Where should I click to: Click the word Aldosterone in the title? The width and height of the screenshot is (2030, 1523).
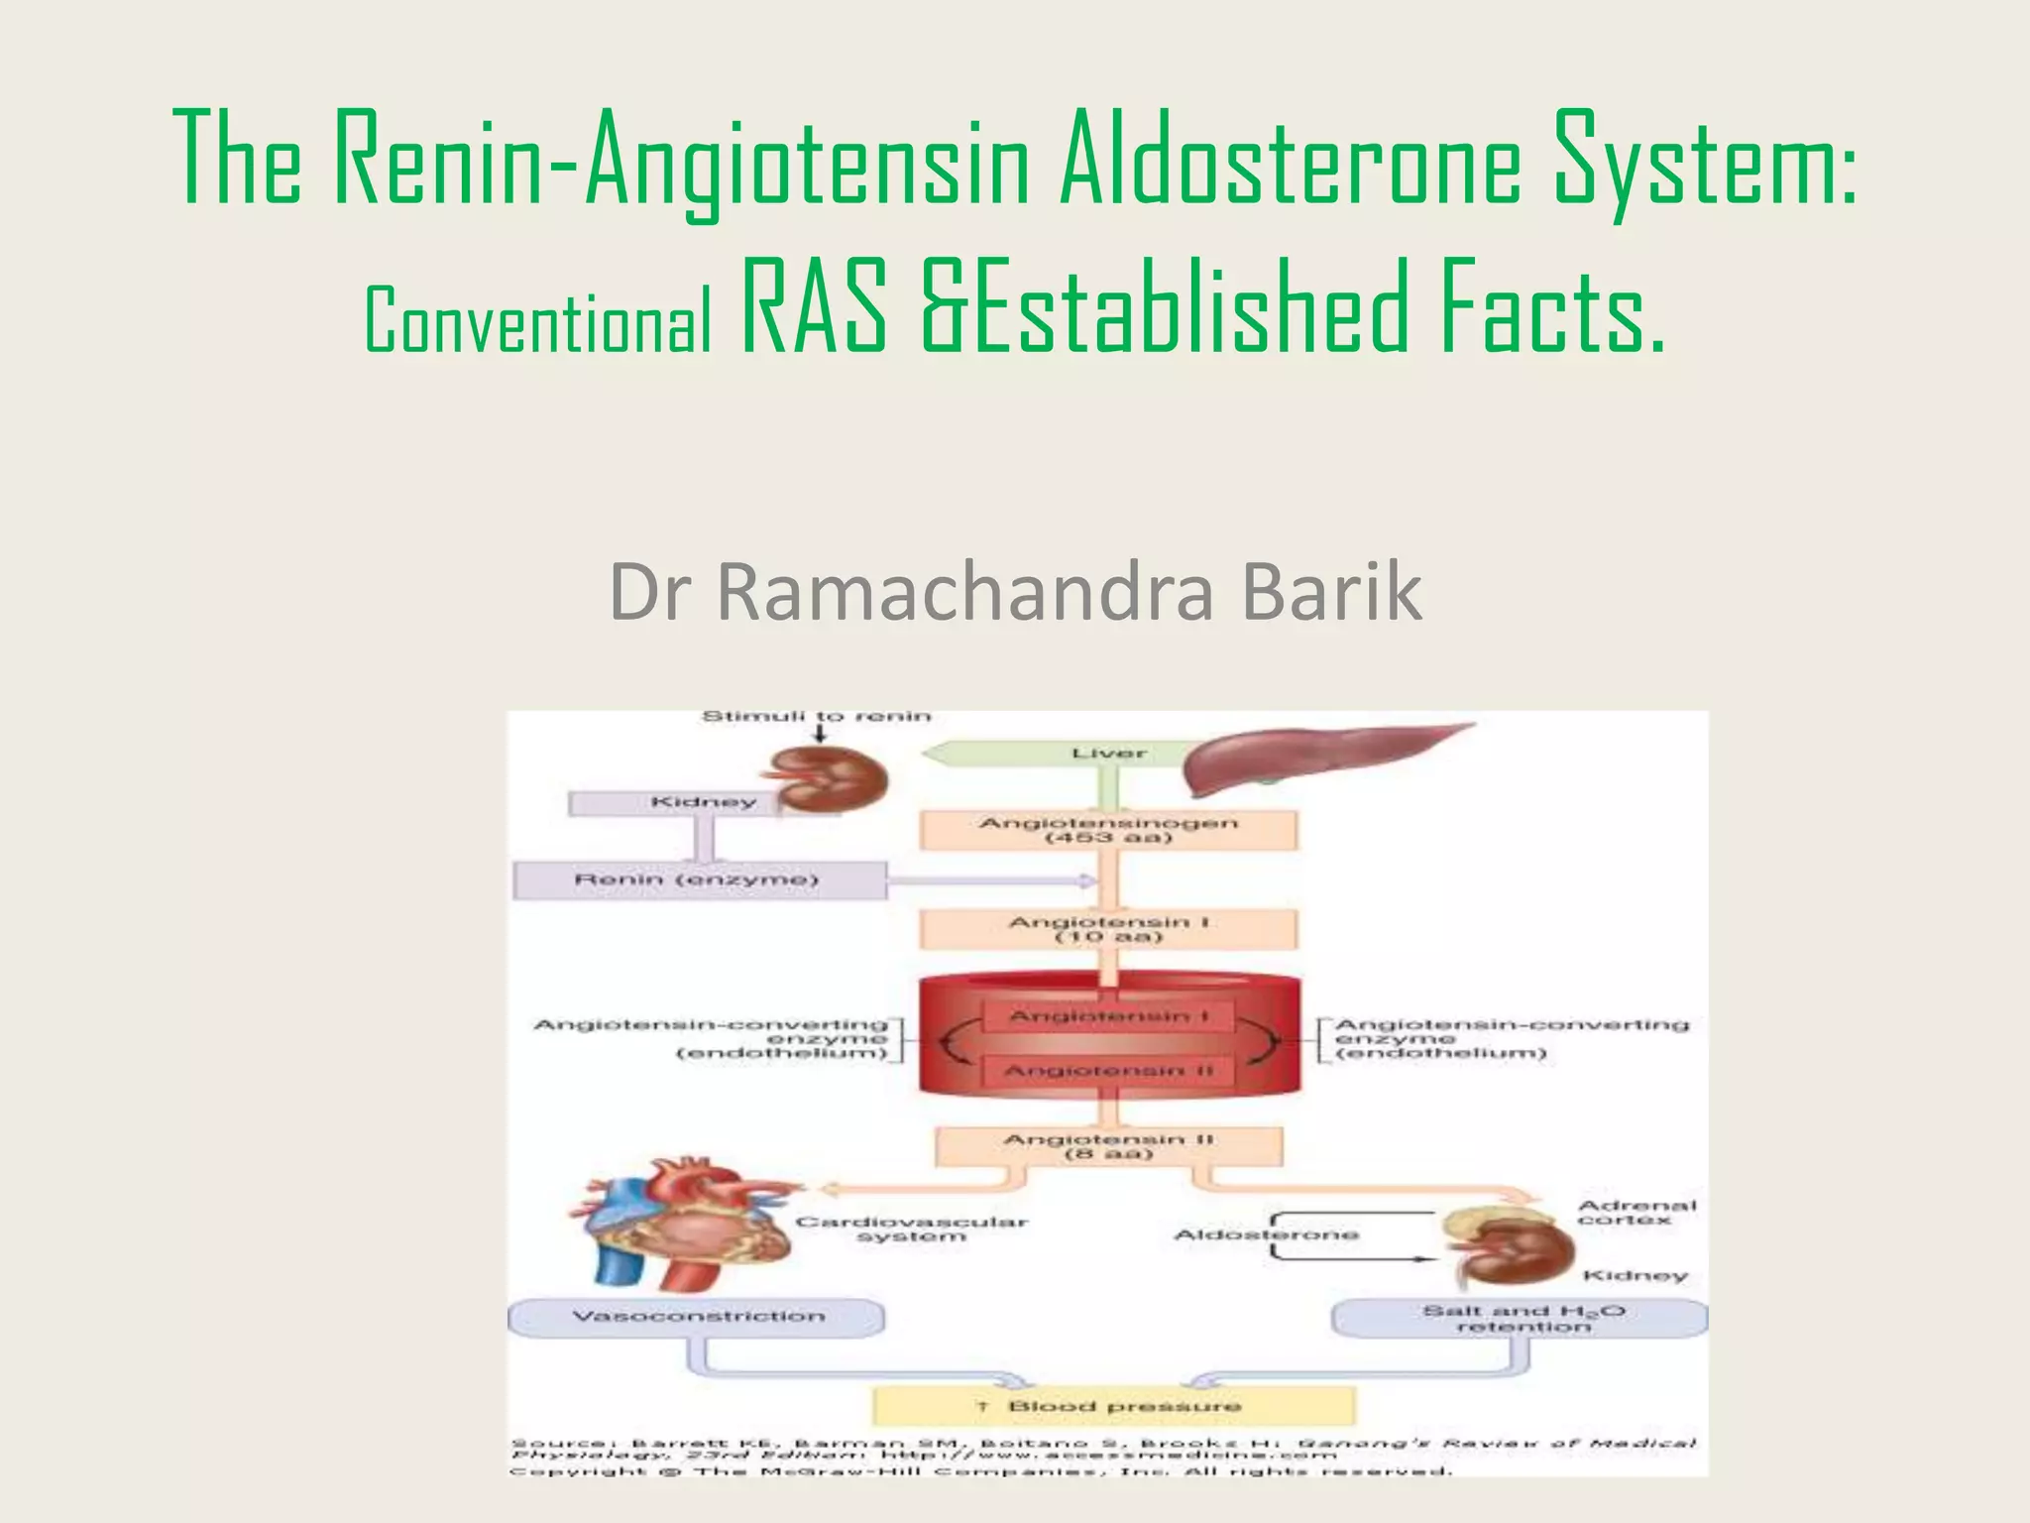pyautogui.click(x=1289, y=159)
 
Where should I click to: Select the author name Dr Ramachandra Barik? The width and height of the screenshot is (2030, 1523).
pyautogui.click(x=1015, y=592)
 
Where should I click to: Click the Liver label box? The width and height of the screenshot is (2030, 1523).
pyautogui.click(x=1108, y=754)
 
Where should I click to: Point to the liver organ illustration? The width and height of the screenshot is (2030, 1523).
pyautogui.click(x=1308, y=759)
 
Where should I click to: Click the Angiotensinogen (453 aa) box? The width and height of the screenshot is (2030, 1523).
pyautogui.click(x=1108, y=830)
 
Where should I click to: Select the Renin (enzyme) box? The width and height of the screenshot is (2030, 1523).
pyautogui.click(x=698, y=880)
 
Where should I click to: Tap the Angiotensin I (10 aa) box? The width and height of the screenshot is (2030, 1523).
pyautogui.click(x=1108, y=930)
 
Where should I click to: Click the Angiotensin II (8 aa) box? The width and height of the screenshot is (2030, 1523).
pyautogui.click(x=1108, y=1146)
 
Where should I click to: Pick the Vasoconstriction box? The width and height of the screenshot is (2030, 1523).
pyautogui.click(x=698, y=1317)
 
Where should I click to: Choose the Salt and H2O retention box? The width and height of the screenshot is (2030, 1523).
pyautogui.click(x=1522, y=1319)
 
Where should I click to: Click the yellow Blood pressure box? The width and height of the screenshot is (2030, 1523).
pyautogui.click(x=1112, y=1406)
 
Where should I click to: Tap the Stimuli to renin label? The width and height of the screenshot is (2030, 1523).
pyautogui.click(x=816, y=717)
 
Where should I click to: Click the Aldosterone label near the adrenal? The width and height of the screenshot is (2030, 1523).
pyautogui.click(x=1266, y=1234)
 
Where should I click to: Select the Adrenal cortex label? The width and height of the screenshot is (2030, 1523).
pyautogui.click(x=1636, y=1213)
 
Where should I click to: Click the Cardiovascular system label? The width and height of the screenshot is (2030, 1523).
pyautogui.click(x=911, y=1229)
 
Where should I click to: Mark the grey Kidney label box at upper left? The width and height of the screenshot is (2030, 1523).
pyautogui.click(x=704, y=802)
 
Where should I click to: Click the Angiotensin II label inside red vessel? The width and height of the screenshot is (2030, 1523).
pyautogui.click(x=1108, y=1071)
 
